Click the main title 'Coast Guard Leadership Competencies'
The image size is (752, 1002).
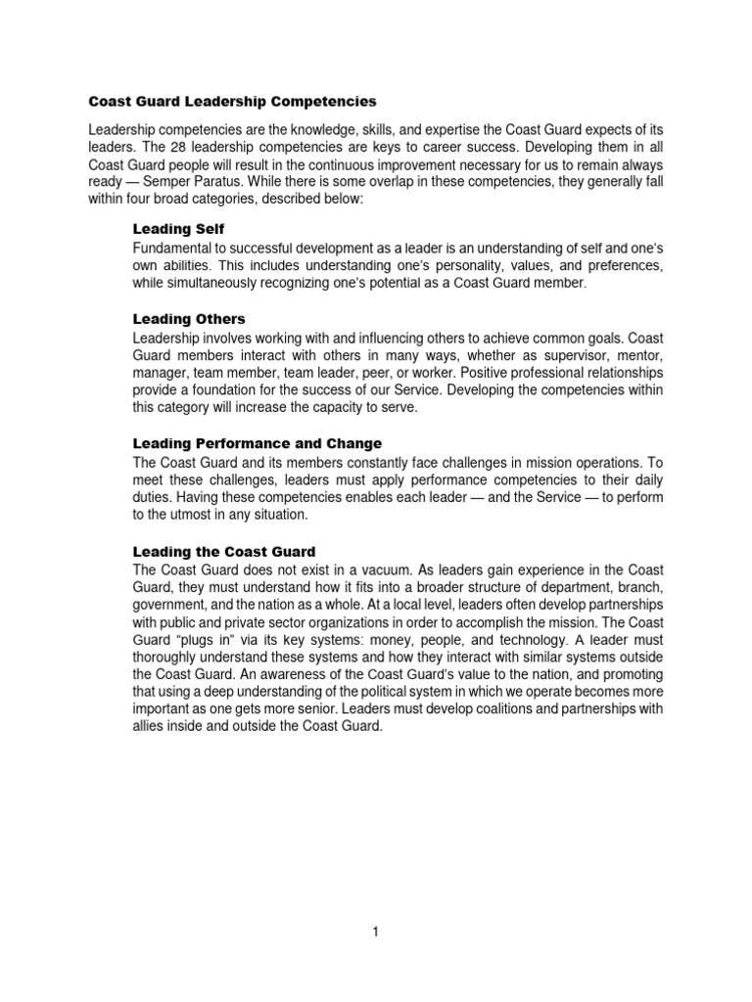point(232,101)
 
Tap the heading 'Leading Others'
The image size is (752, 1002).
point(188,319)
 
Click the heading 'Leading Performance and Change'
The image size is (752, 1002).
point(257,443)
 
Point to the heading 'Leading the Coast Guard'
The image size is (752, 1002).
point(224,551)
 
